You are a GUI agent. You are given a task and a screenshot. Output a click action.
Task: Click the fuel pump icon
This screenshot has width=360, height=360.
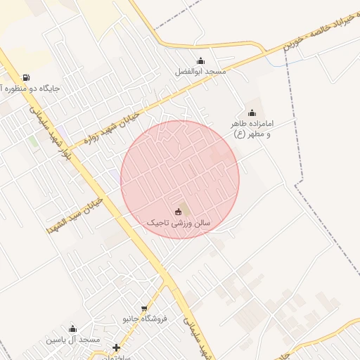26,77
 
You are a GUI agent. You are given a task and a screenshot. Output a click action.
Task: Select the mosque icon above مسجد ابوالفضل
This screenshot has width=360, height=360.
201,60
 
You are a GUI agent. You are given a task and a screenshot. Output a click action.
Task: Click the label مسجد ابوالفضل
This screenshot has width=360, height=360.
201,72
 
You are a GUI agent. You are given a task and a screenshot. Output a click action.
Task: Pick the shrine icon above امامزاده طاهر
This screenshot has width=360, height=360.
252,113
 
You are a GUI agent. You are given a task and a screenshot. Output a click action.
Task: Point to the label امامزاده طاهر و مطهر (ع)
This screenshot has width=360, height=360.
252,129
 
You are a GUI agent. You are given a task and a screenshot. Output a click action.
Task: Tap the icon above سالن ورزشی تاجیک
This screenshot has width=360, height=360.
177,212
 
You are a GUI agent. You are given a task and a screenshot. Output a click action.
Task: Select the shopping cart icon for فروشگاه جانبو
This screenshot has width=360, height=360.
144,308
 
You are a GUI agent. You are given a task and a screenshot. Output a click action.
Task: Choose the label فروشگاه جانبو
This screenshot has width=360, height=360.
145,319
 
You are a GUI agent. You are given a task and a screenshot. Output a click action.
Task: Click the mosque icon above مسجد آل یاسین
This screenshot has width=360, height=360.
72,328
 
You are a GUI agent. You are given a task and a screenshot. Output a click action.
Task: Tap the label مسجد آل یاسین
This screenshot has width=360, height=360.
74,340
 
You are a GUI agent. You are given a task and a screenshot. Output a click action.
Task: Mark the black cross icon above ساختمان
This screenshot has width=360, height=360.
116,347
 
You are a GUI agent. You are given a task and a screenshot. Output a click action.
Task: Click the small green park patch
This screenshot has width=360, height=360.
32,141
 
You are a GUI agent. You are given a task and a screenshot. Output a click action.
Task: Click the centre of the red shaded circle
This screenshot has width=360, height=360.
180,179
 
